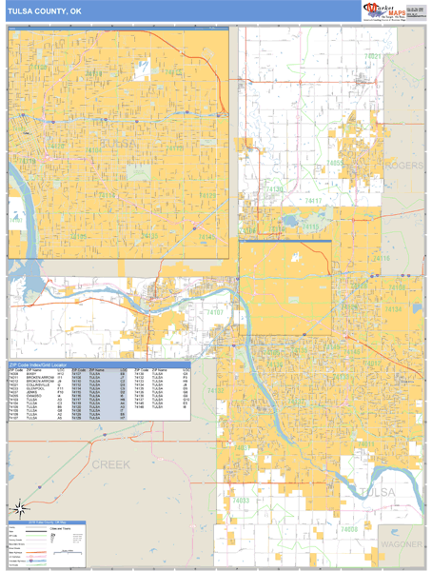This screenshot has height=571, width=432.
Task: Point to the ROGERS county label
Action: [405, 166]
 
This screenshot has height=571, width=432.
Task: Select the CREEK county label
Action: [110, 463]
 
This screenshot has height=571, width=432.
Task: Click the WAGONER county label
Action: [400, 543]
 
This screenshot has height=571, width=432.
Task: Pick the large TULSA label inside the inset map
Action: [120, 144]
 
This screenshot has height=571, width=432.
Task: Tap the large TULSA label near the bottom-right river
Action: [380, 491]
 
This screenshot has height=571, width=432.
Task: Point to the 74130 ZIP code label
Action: [276, 189]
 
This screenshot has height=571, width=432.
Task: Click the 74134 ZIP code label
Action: [393, 309]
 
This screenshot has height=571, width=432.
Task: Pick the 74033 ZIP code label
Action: [243, 500]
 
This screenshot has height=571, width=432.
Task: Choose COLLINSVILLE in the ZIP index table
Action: [40, 384]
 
